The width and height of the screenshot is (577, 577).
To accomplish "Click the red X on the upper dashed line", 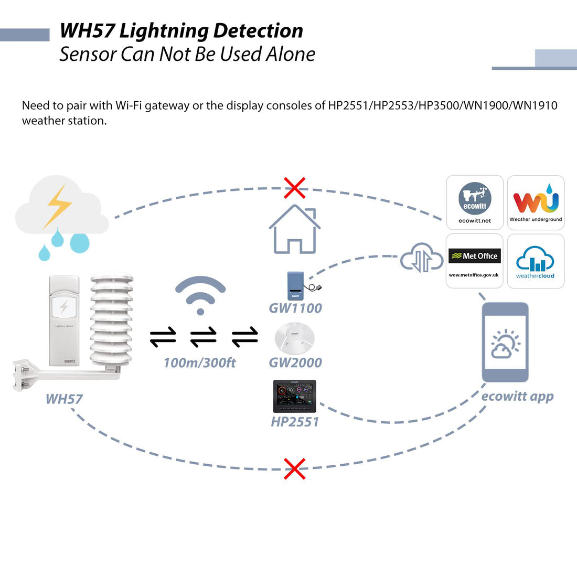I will pos(295,188).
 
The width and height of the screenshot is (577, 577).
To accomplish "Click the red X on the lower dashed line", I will pos(295,468).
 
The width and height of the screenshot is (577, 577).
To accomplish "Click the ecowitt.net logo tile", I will pos(475,202).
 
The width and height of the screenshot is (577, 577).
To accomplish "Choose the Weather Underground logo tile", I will pos(536,202).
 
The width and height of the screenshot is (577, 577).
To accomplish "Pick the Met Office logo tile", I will pos(475,261).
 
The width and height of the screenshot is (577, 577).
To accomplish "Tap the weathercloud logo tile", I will pos(536,261).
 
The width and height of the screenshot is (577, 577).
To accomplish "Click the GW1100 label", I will pos(295,308).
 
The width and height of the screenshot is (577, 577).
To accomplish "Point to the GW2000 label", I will pos(295,362).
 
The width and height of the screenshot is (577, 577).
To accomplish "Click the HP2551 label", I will pos(295,422).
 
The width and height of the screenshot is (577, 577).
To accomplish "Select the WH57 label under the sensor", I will pos(64,399).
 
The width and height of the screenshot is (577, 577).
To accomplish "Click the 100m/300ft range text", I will pos(200,362).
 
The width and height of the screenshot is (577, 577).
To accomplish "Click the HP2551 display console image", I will pos(295,397).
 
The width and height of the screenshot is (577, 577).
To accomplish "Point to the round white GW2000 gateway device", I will pos(295,338).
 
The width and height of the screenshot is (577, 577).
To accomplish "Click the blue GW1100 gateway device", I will pos(296,285).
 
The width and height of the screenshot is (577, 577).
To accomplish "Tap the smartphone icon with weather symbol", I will pos(505,342).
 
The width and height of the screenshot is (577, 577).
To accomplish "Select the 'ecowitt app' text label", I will pos(517,397).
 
